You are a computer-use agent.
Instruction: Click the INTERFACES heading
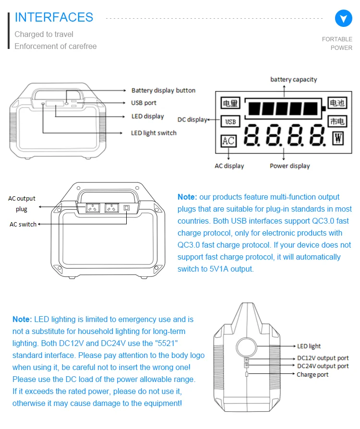point(54,17)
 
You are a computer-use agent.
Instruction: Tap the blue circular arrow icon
point(343,18)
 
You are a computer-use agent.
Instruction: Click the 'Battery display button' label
point(163,90)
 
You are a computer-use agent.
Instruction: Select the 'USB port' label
point(150,103)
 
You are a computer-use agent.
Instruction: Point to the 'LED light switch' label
point(154,132)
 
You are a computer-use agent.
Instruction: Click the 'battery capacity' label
point(293,79)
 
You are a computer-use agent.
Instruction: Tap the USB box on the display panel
point(230,121)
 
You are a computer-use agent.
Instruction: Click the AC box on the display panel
point(228,141)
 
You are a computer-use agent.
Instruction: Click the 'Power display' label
point(289,166)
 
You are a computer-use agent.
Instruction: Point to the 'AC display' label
point(229,166)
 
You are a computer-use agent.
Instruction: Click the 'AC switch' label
point(23,224)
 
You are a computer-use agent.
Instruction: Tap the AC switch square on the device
point(127,208)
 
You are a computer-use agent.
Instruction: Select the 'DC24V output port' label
point(323,366)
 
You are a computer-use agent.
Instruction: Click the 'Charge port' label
point(312,374)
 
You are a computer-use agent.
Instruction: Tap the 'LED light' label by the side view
point(309,346)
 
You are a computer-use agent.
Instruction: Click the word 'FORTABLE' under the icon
point(337,39)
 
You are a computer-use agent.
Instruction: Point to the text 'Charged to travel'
point(44,34)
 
